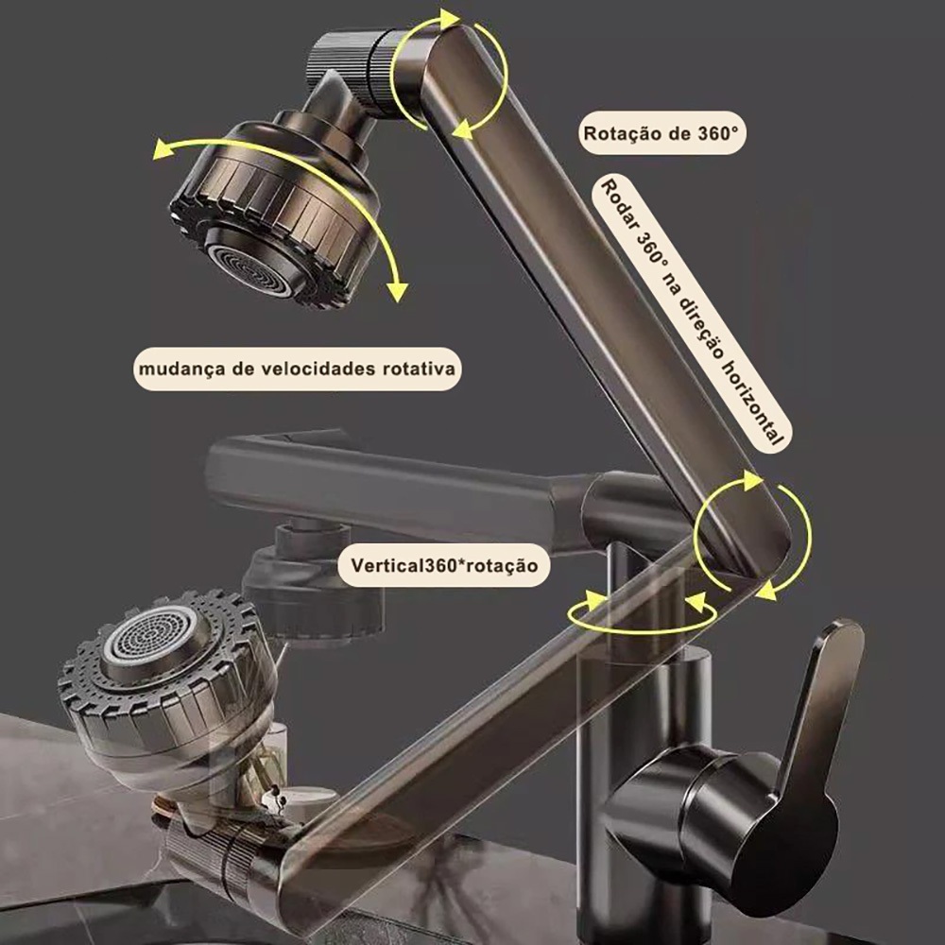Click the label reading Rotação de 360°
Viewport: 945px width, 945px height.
[x=661, y=133]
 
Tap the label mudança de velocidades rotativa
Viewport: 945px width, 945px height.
[x=297, y=369]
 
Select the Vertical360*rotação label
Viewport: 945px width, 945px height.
[x=443, y=565]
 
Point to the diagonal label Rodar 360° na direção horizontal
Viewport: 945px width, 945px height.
[x=693, y=312]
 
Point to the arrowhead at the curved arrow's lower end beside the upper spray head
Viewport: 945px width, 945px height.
[x=397, y=291]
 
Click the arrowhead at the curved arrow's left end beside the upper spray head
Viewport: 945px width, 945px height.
[x=163, y=149]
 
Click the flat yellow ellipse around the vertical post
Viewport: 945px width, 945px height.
[x=642, y=629]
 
